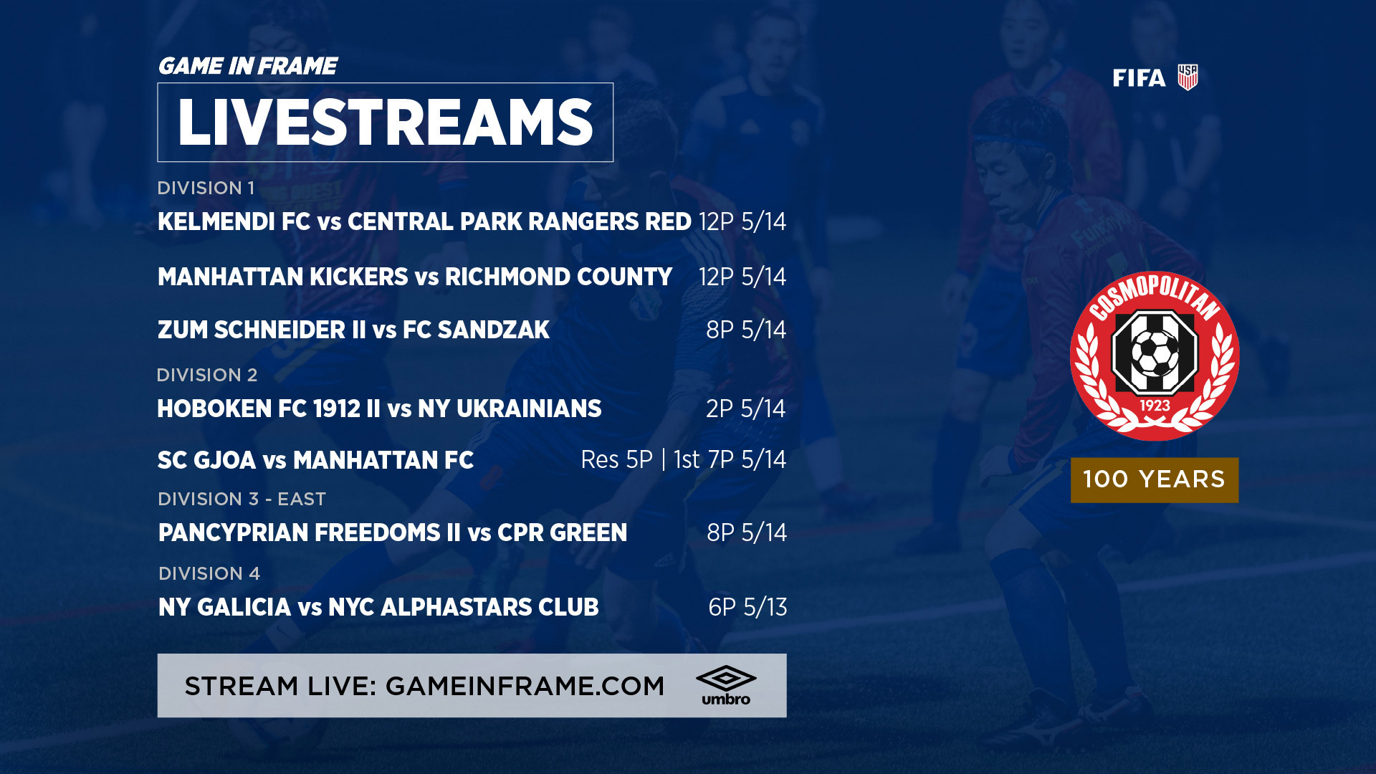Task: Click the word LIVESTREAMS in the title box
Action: click(x=385, y=123)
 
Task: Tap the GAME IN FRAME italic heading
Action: click(x=247, y=66)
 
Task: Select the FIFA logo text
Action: click(x=1139, y=78)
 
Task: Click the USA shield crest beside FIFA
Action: click(x=1188, y=77)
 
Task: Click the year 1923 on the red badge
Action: click(x=1155, y=406)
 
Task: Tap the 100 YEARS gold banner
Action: click(x=1155, y=479)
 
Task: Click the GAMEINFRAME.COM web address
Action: click(x=525, y=686)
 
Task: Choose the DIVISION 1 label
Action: click(x=206, y=188)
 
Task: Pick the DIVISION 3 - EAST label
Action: click(x=242, y=499)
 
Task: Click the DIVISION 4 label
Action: click(x=209, y=573)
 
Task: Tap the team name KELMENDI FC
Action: click(x=234, y=221)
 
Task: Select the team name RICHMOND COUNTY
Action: click(x=558, y=277)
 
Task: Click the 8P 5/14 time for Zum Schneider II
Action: click(x=746, y=330)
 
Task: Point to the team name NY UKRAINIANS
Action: click(x=510, y=408)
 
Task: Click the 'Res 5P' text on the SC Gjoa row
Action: click(x=616, y=459)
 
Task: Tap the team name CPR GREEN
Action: click(x=562, y=532)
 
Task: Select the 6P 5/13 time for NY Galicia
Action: click(x=747, y=607)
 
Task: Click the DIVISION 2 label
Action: click(x=207, y=375)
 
